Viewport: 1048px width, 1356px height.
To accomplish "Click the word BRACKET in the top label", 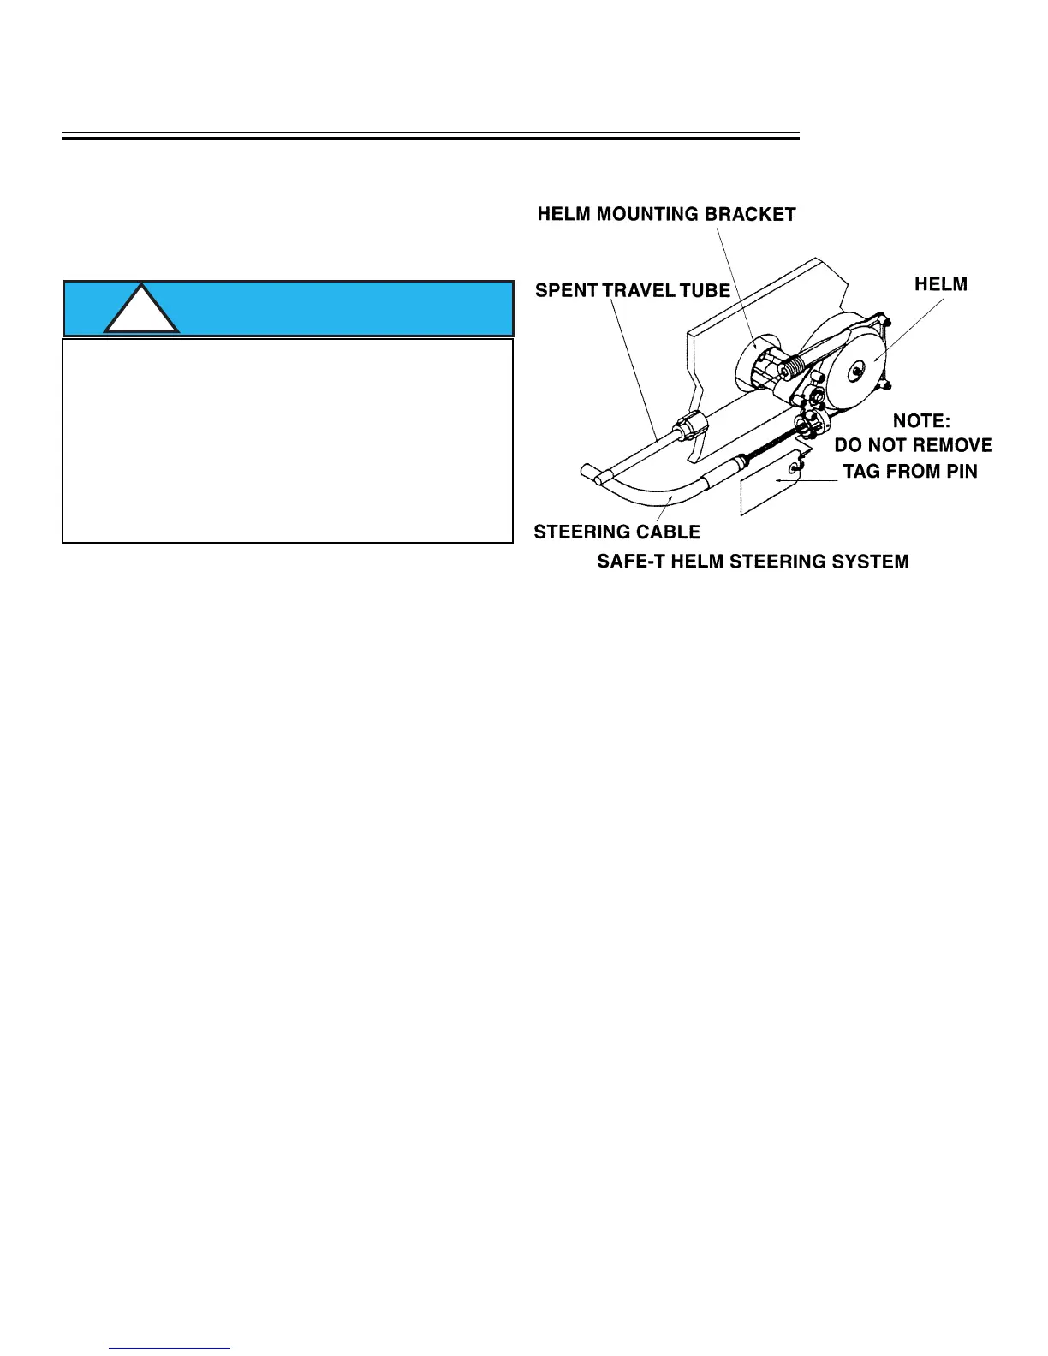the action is [x=749, y=214].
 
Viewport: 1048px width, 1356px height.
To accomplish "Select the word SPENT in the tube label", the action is [x=566, y=290].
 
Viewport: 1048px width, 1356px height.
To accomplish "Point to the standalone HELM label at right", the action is [x=941, y=284].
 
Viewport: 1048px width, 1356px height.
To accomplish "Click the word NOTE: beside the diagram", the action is [x=921, y=420].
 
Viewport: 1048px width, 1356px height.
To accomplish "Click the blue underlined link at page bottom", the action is [x=170, y=1348].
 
